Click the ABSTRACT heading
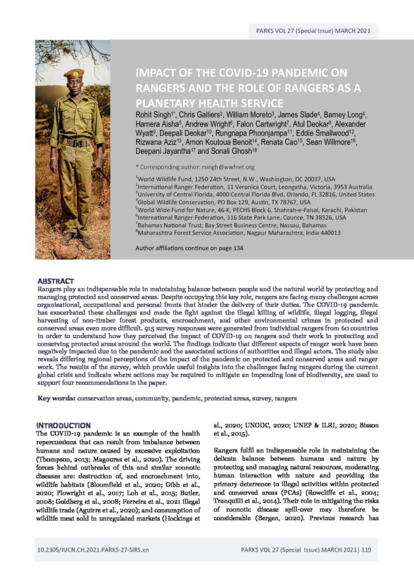(55, 281)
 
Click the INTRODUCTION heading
(63, 426)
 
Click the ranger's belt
(74, 142)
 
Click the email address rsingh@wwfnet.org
(218, 167)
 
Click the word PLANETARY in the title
(170, 103)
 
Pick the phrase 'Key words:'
(56, 382)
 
